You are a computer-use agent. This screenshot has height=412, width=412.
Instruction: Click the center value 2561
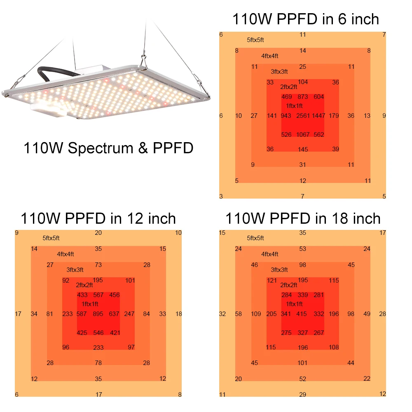pos(303,116)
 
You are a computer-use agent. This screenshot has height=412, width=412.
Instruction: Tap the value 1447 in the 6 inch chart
pos(318,116)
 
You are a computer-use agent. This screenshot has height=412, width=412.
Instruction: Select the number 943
pos(286,116)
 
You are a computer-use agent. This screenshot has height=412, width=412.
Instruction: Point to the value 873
pos(303,97)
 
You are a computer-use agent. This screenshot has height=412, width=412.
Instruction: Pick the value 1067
pos(303,135)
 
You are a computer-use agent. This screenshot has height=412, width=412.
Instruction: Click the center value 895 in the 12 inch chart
pos(98,314)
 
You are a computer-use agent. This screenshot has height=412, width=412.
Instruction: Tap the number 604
pos(319,97)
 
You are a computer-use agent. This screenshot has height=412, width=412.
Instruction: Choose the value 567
pos(98,295)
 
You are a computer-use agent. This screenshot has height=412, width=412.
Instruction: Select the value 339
pos(303,295)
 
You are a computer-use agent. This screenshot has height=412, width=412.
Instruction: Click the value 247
pos(129,314)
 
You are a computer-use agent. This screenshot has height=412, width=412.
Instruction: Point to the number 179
pos(334,116)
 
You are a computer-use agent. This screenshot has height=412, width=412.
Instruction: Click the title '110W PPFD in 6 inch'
pos(305,19)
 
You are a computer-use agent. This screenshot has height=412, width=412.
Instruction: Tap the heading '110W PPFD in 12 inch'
pos(98,218)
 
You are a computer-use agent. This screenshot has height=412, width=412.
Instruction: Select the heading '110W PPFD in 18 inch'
pos(303,218)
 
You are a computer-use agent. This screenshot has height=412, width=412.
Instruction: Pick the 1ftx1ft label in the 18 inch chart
pos(294,304)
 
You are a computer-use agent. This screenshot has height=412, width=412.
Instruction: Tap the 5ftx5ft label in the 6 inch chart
pos(255,40)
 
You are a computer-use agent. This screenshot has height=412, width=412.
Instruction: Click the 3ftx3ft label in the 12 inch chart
pos(75,270)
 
